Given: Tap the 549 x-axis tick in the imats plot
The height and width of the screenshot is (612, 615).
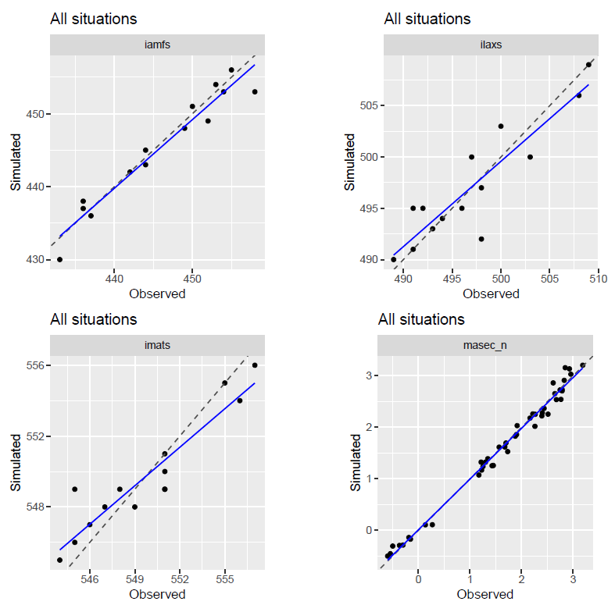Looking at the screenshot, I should [x=135, y=580].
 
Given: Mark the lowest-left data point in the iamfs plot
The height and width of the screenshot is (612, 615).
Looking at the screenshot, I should [x=59, y=259].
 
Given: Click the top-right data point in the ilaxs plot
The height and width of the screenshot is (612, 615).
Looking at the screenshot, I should [x=588, y=65].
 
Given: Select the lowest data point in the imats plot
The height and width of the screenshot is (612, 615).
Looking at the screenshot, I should [x=59, y=560].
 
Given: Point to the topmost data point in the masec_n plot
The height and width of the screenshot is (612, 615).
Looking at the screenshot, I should [x=582, y=365].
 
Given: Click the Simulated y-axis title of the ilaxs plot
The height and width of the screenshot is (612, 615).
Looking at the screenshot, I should [x=351, y=162].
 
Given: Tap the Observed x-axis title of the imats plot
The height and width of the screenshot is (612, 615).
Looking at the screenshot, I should [x=157, y=594].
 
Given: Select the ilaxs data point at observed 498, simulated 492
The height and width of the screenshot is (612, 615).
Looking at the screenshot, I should [x=481, y=239].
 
